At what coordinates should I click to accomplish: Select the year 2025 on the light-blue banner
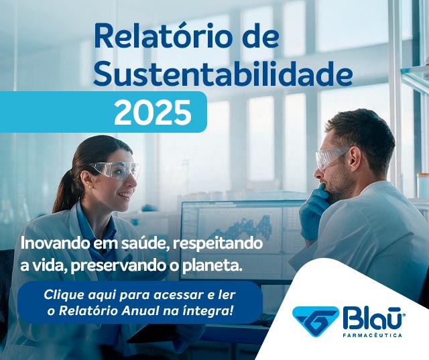[x=153, y=112]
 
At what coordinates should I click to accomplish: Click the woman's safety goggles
[x=116, y=170]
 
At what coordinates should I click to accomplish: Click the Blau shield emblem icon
[x=315, y=321]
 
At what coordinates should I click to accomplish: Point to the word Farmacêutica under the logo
[x=373, y=335]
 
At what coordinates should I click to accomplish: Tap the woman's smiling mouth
[x=125, y=195]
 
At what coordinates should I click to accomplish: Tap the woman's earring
[x=90, y=186]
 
